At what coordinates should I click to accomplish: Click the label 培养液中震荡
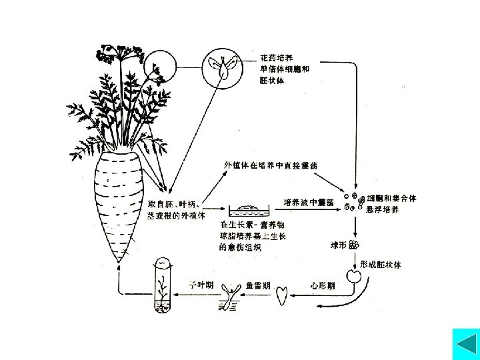pos(309,202)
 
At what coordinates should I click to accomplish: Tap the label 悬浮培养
pos(383,209)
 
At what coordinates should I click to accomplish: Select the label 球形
pos(339,245)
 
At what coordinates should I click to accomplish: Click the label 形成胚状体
pos(381,264)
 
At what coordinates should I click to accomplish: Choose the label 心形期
pos(323,285)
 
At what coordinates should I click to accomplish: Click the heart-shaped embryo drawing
pos(283,293)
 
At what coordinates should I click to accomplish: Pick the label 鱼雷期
pos(257,285)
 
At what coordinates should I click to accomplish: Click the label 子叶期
pos(199,284)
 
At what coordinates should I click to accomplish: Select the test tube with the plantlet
pos(161,287)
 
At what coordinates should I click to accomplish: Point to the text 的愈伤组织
pos(241,247)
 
